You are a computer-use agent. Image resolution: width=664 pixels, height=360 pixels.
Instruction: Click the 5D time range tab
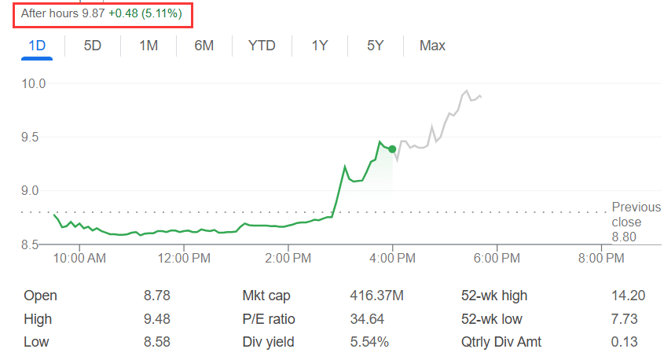point(93,46)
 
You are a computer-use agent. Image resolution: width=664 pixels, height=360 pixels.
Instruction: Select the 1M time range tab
point(149,46)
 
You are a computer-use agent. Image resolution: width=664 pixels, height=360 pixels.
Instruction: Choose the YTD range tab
point(262,46)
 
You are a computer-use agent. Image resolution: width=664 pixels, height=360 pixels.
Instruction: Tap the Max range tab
point(432,46)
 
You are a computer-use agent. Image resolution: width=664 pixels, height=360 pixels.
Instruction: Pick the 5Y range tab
point(375,46)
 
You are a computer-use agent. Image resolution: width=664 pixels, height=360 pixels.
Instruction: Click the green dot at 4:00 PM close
point(392,149)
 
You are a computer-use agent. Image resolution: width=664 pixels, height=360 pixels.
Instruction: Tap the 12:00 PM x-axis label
point(183,258)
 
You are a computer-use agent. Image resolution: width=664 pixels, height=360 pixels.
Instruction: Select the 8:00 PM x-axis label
point(601,258)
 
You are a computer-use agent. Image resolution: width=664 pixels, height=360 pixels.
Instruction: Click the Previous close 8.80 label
point(625,222)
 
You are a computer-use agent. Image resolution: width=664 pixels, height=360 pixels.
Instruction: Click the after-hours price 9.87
point(94,15)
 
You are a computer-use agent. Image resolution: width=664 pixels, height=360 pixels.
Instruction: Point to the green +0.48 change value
point(123,15)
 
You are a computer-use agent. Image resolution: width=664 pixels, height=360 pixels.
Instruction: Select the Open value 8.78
point(157,296)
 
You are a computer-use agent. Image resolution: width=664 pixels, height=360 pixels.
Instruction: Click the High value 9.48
point(157,319)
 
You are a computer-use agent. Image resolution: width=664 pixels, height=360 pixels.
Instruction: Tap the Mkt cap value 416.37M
point(376,296)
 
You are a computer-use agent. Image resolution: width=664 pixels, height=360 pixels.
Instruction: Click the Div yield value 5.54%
point(369,342)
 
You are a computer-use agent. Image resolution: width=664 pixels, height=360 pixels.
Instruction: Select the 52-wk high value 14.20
point(628,296)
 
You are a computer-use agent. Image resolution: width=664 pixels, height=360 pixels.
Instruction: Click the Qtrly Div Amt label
point(501,342)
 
